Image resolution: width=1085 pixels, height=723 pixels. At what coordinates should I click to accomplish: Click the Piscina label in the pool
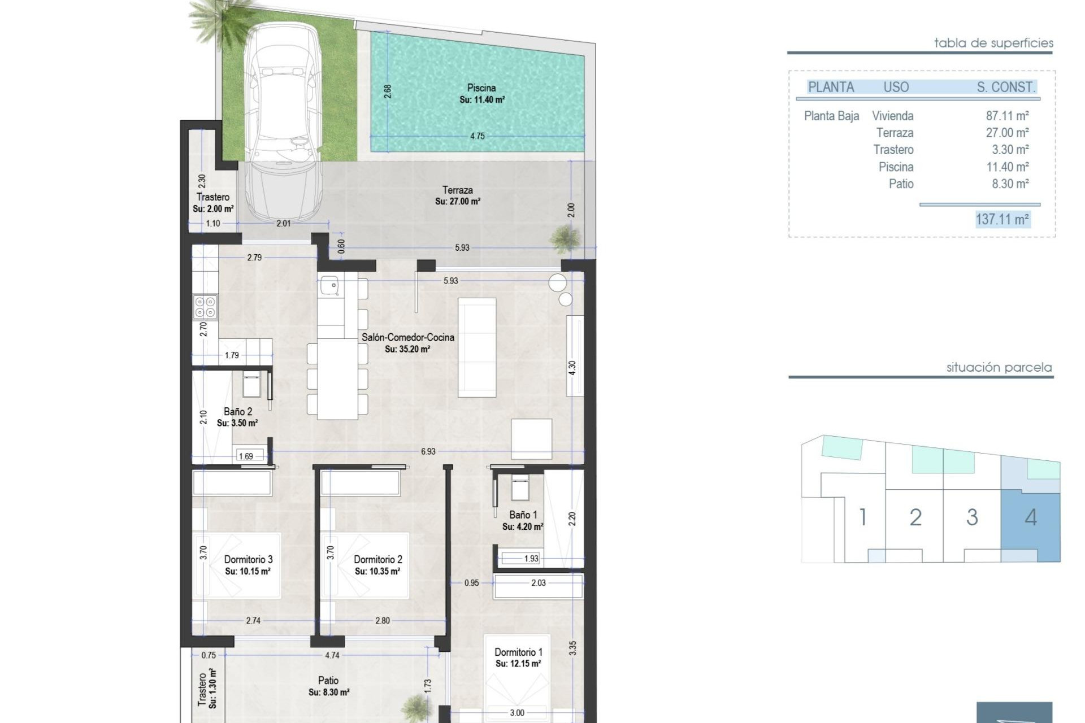tap(481, 88)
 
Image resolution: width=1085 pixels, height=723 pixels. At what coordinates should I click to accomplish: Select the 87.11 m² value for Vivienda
tap(1007, 116)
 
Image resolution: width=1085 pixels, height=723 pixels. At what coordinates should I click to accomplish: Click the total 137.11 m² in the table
tap(1002, 219)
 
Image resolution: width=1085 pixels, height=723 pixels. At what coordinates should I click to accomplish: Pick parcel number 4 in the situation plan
tap(1030, 517)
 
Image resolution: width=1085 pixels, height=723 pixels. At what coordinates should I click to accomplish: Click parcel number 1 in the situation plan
tap(863, 517)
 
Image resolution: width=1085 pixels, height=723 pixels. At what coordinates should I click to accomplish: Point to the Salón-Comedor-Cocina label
tap(407, 337)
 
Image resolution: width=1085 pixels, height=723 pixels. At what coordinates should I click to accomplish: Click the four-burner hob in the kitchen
tap(205, 307)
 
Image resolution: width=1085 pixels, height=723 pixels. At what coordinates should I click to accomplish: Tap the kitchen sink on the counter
tap(329, 286)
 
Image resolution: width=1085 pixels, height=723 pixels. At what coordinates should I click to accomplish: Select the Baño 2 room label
tap(238, 412)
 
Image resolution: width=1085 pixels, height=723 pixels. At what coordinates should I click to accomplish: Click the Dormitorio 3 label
tap(248, 559)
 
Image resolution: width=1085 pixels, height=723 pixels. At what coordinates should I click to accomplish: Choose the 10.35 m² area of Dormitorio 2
tap(377, 572)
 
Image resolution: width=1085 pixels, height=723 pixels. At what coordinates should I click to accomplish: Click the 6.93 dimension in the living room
tap(428, 451)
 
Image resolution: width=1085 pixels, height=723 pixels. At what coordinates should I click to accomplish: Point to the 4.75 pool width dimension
tap(477, 136)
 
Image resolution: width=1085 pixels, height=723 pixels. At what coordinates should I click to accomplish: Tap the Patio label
tap(328, 681)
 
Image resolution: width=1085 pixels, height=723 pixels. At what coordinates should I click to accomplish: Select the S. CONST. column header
tap(1006, 88)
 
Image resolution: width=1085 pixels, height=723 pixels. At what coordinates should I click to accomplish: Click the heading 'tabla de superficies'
tap(993, 43)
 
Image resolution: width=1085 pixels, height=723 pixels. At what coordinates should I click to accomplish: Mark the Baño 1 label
tap(523, 515)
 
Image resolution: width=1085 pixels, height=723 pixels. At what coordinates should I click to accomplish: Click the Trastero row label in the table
tap(893, 150)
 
